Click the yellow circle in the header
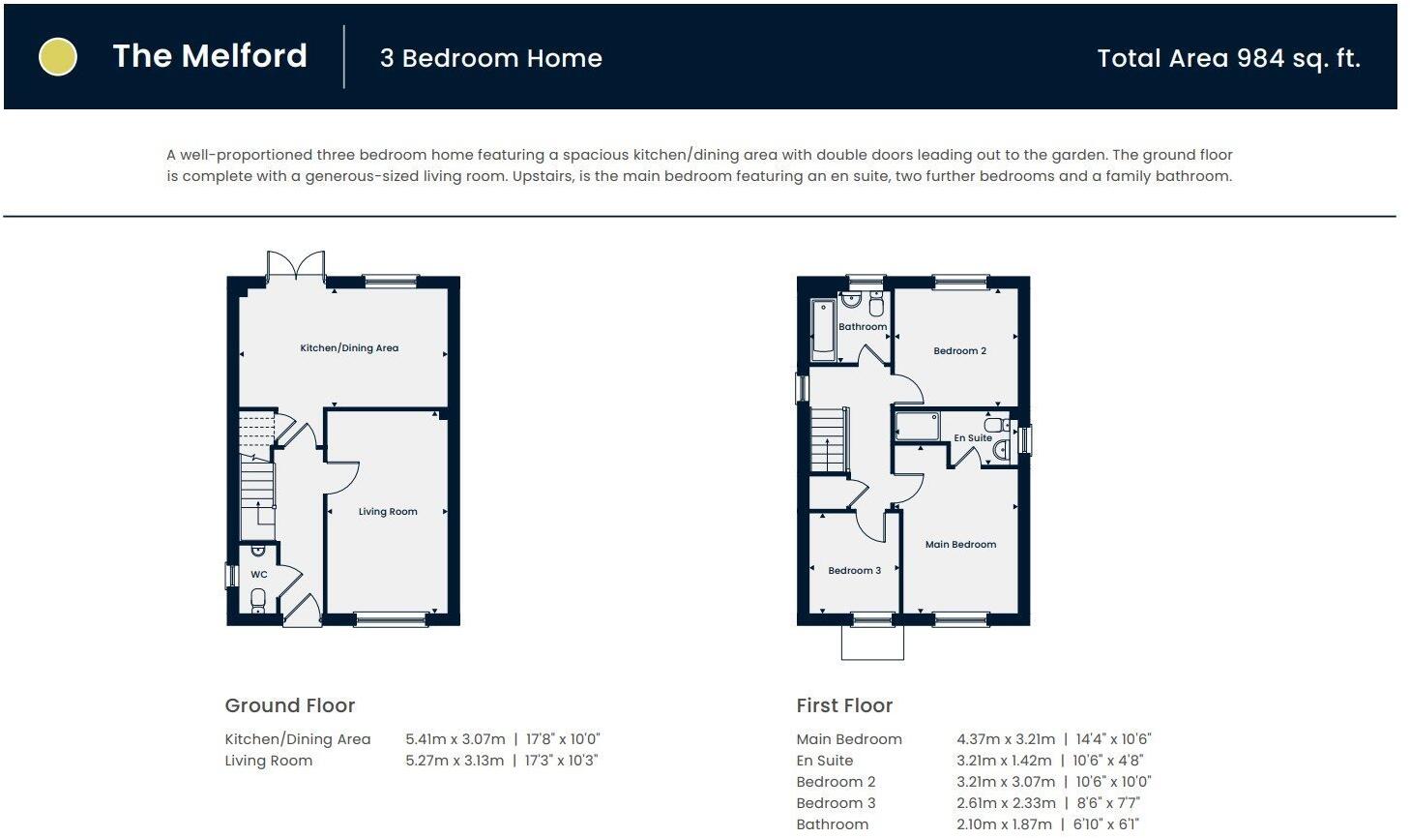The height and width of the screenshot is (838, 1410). (57, 56)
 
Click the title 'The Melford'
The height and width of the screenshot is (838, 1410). (210, 56)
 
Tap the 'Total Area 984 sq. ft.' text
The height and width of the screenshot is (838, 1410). (1228, 58)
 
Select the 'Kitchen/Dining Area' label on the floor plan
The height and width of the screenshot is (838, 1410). (349, 348)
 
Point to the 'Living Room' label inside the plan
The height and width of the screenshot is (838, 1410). (388, 512)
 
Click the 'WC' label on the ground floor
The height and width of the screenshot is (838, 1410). (259, 575)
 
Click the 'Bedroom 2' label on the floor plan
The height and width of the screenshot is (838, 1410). (959, 351)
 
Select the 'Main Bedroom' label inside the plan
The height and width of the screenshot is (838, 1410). (960, 545)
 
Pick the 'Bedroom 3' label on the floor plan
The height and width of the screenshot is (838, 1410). (854, 571)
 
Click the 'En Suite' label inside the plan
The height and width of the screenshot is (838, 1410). (972, 438)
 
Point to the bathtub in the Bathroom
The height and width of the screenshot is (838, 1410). (822, 331)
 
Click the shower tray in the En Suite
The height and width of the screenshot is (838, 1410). (918, 426)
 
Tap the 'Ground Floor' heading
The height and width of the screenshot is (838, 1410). (290, 705)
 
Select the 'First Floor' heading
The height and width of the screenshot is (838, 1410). (844, 705)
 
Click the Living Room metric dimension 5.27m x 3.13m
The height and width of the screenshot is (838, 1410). (455, 761)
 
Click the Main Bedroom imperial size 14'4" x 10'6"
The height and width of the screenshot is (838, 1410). (1112, 739)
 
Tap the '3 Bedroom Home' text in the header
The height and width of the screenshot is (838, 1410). (491, 58)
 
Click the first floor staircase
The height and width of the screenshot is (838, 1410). (828, 440)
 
